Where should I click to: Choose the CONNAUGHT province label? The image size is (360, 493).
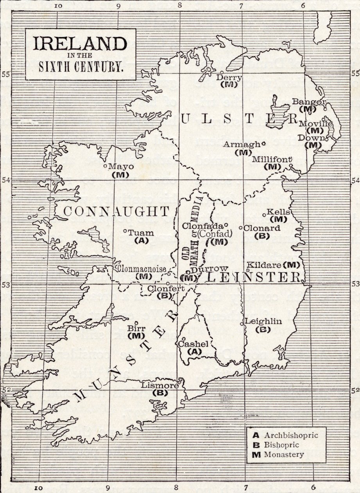coord(116,211)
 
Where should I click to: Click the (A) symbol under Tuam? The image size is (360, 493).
coord(141,241)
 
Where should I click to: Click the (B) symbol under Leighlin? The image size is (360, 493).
coord(262,329)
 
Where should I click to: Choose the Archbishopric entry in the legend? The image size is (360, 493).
coord(288,435)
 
